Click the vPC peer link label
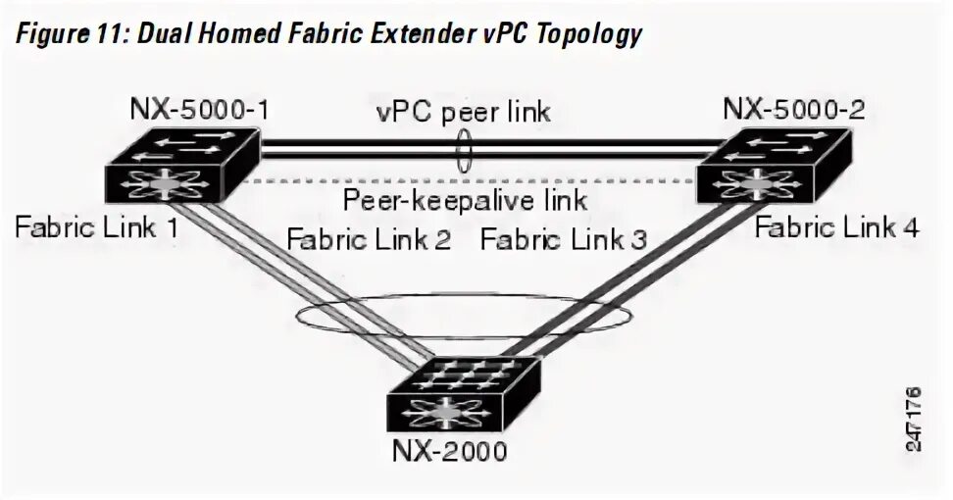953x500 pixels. point(463,112)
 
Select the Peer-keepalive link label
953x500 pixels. point(465,201)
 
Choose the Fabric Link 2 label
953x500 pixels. point(367,239)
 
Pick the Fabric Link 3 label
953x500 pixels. point(563,239)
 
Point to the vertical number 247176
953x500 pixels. point(914,417)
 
